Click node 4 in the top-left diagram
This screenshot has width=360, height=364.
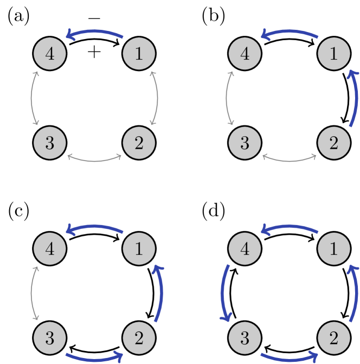coord(50,54)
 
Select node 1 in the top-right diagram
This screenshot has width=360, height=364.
coord(333,54)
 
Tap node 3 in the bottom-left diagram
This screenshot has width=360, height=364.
coord(50,338)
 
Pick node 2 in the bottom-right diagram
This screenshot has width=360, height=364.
coord(333,338)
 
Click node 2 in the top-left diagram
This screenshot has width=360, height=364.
coord(139,143)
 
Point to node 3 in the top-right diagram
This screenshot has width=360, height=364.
coord(245,143)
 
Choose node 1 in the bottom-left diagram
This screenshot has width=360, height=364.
coord(139,249)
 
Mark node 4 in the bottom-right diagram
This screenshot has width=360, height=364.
coord(245,249)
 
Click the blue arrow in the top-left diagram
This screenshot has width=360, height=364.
coord(94,32)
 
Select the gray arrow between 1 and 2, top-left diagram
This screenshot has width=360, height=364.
coord(157,98)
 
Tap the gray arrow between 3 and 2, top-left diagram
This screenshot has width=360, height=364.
coord(94,160)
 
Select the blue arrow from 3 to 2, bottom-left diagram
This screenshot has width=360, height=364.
coord(94,359)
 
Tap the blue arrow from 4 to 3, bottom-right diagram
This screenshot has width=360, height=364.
coord(223,293)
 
